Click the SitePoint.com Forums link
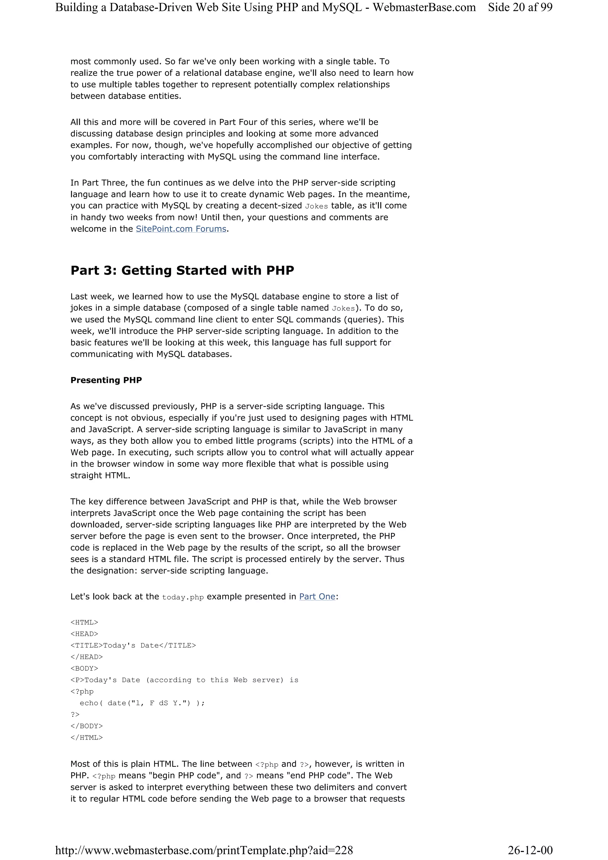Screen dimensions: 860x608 (181, 229)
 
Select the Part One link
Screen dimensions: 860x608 (317, 597)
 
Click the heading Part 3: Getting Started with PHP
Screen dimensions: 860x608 (182, 270)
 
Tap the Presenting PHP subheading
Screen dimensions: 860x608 (106, 380)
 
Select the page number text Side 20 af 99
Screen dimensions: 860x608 (520, 7)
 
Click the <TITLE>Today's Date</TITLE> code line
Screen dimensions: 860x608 (133, 645)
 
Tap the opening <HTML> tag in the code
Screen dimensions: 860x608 (84, 623)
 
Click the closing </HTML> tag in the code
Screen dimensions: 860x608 (86, 737)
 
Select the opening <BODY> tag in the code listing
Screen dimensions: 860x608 (84, 669)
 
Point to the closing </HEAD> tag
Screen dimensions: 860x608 (86, 657)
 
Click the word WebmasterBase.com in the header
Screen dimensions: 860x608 (424, 7)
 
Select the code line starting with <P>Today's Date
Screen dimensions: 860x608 (184, 680)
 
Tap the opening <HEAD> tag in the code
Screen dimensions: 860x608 (84, 634)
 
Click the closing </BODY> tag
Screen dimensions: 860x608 (86, 726)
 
